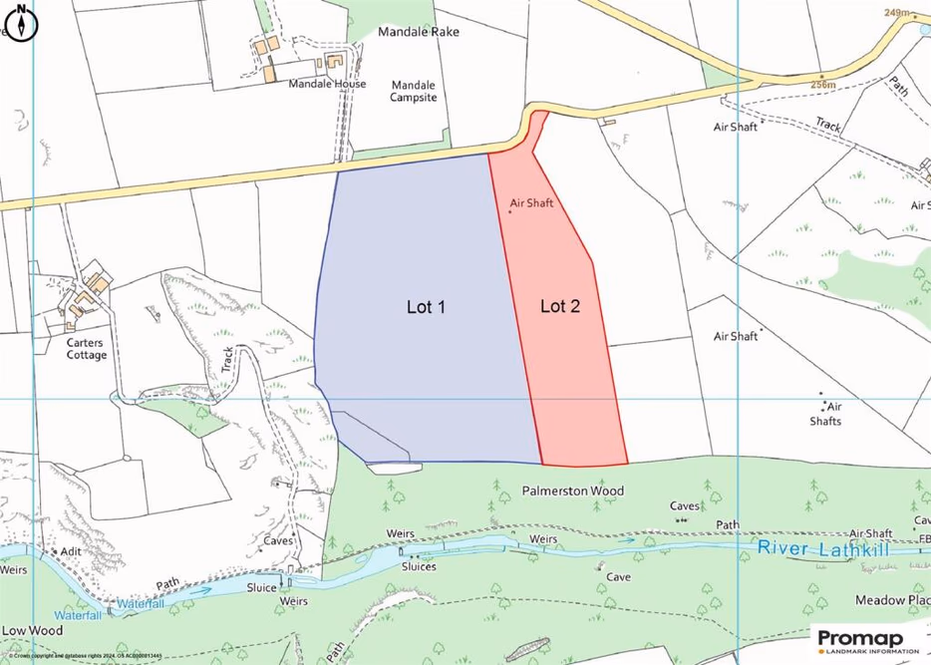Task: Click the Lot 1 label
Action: pyautogui.click(x=426, y=307)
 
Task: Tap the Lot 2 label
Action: pyautogui.click(x=560, y=306)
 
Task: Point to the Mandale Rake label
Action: pyautogui.click(x=418, y=32)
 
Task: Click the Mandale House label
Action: pyautogui.click(x=327, y=85)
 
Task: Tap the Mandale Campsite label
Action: pyautogui.click(x=414, y=91)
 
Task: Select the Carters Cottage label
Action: pyautogui.click(x=87, y=348)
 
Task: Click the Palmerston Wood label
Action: pyautogui.click(x=573, y=492)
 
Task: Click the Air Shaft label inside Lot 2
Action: pyautogui.click(x=531, y=202)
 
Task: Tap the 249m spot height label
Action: pyautogui.click(x=897, y=13)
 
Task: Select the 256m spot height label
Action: pyautogui.click(x=823, y=86)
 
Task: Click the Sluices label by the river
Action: pyautogui.click(x=419, y=566)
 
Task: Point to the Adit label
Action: pyautogui.click(x=71, y=550)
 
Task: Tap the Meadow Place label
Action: pyautogui.click(x=892, y=600)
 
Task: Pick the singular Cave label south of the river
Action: pyautogui.click(x=618, y=576)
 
